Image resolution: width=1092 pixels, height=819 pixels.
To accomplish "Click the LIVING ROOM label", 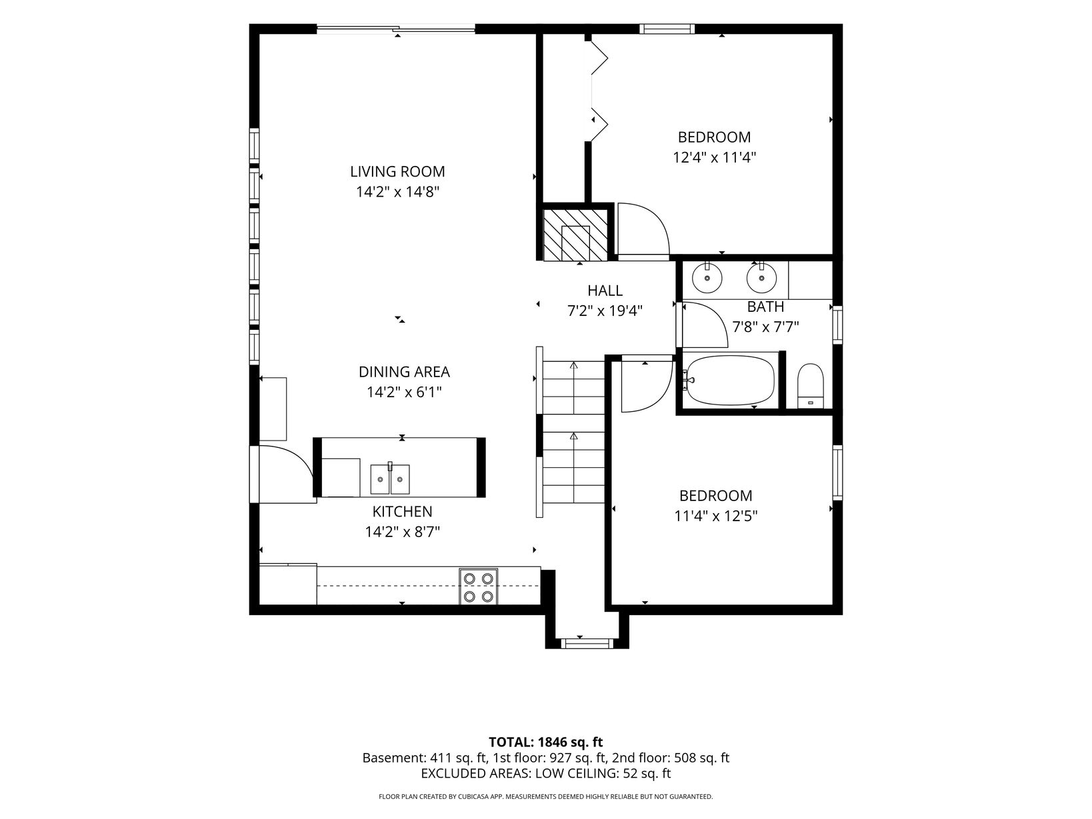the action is click(397, 171).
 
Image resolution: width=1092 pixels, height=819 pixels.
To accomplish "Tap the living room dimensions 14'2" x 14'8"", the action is click(397, 192).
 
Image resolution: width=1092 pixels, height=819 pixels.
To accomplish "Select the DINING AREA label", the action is click(404, 372).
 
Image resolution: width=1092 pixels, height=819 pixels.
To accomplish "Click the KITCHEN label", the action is click(402, 511).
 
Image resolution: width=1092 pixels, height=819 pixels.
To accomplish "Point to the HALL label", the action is click(605, 291).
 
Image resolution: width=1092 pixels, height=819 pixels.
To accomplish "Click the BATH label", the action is click(765, 307).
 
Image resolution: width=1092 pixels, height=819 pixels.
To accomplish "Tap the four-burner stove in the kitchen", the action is click(478, 586).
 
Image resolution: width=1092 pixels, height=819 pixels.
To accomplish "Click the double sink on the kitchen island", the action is click(390, 479).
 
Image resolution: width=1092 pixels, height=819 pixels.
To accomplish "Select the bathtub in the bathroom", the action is click(730, 381).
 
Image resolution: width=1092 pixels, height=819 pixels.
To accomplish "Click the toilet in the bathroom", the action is click(811, 386).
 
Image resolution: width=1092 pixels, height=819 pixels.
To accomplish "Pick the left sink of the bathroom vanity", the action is click(707, 279).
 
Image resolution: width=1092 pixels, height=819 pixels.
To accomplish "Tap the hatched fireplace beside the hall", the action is click(575, 235).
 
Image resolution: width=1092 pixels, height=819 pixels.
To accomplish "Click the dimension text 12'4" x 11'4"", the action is click(715, 158).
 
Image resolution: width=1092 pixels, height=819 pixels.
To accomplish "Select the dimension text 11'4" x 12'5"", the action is click(715, 516).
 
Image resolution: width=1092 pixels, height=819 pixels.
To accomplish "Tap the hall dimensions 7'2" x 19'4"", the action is click(605, 311).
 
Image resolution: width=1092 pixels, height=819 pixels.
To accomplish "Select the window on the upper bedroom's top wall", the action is click(667, 29).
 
